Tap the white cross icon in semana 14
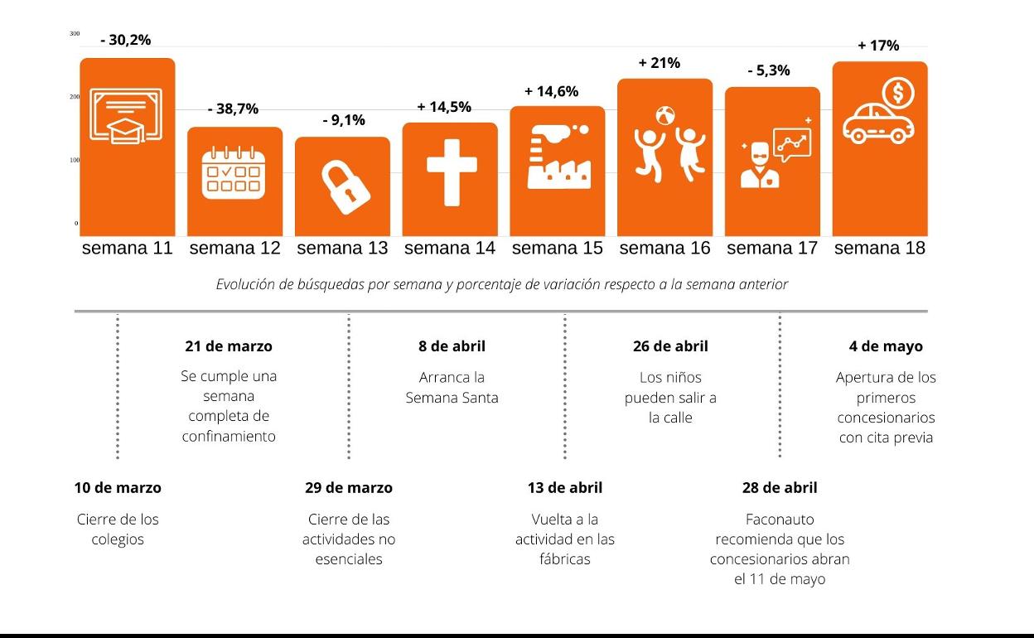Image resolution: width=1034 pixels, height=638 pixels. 452,172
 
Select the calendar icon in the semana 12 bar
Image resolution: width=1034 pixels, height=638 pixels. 234,172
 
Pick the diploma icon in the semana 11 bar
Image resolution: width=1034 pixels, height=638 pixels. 126,116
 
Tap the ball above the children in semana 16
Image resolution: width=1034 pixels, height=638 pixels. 665,115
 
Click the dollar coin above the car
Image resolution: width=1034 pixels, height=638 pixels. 898,92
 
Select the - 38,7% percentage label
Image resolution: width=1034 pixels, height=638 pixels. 233,109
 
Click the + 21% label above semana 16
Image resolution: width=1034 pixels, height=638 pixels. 660,63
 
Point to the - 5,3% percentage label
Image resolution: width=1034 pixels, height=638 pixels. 769,70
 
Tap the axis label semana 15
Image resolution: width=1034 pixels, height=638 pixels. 558,248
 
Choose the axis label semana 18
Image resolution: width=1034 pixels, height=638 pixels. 880,248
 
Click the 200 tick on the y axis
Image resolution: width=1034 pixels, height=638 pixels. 75,97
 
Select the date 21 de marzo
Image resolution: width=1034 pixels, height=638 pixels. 229,346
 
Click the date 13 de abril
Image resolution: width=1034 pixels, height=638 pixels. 565,487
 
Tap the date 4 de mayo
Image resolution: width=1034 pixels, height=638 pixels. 886,346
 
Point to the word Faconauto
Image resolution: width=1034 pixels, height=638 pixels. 780,520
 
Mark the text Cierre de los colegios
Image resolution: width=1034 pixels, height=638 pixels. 118,529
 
